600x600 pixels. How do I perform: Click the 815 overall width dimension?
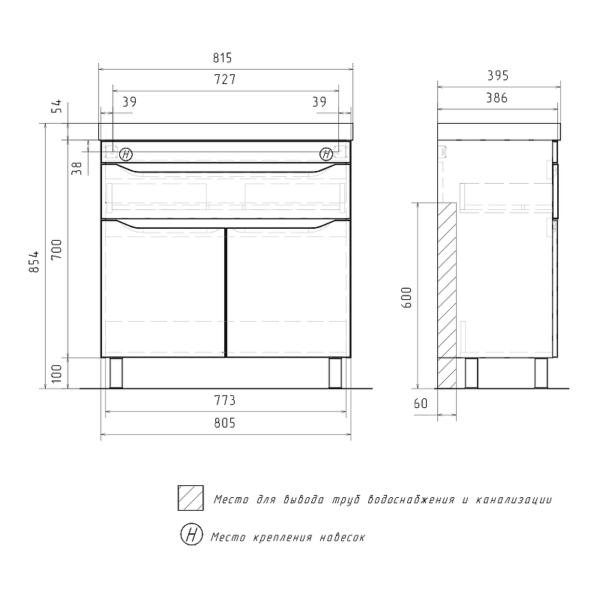point(222,58)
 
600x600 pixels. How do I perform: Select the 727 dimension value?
point(224,79)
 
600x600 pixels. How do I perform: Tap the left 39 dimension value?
point(129,102)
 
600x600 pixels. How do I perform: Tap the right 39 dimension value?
point(319,102)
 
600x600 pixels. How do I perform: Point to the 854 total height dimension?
point(34,262)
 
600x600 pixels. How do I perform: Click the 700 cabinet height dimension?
point(57,249)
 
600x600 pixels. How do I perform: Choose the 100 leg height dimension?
point(57,373)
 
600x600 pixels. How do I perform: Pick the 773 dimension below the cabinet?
point(224,400)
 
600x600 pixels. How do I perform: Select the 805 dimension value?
point(224,423)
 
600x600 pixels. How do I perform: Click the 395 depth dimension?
point(498,76)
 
